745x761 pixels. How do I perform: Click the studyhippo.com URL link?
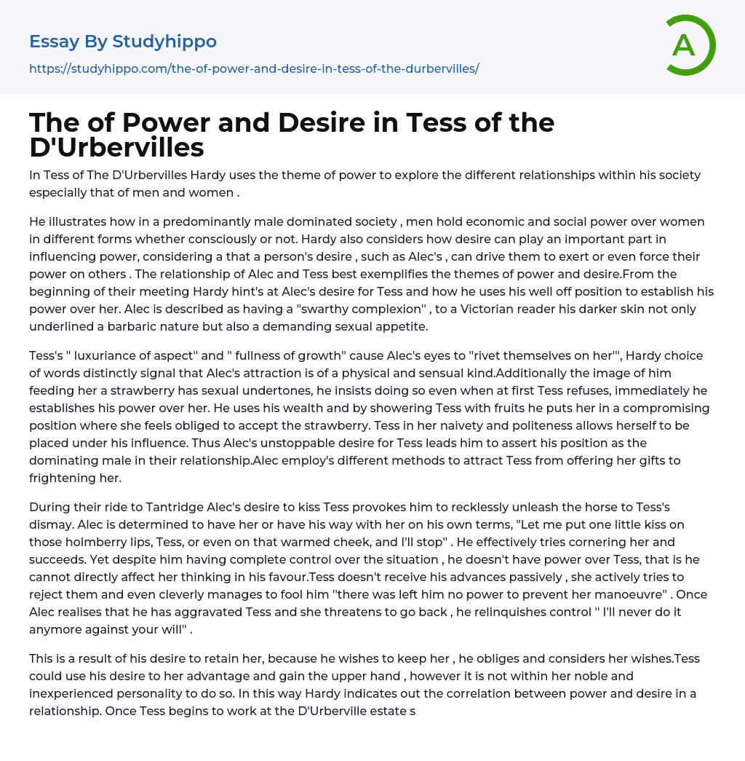pos(254,68)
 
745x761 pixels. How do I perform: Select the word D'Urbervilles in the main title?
pos(116,147)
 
